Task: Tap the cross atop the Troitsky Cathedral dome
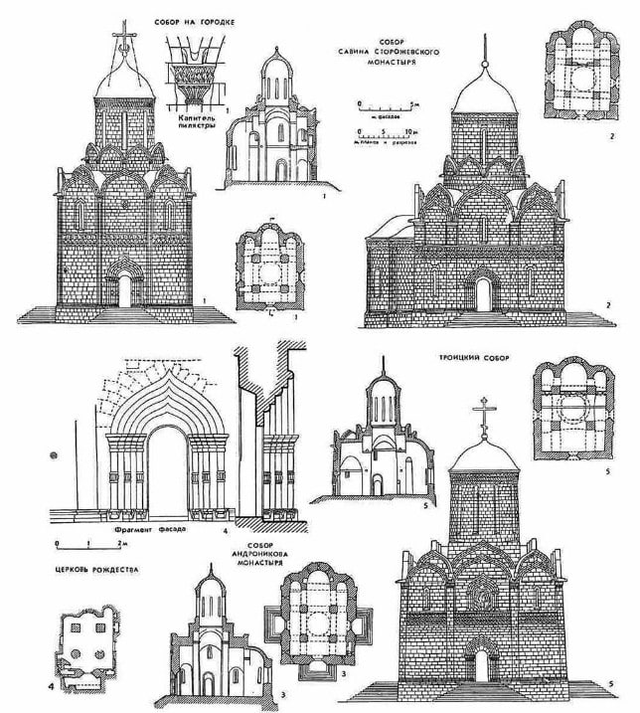pos(487,416)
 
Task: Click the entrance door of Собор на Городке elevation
pos(125,289)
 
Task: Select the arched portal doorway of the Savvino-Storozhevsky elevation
pos(483,294)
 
